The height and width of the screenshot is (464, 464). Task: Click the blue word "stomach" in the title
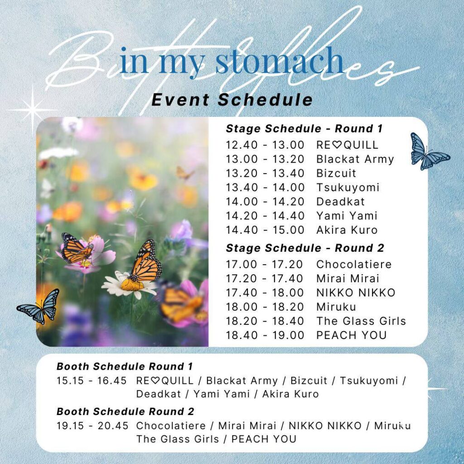point(279,62)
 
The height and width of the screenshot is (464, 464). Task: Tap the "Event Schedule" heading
point(232,99)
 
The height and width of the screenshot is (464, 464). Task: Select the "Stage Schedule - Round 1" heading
point(304,129)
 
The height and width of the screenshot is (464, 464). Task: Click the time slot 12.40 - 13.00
point(265,145)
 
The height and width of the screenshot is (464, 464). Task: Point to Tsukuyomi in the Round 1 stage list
point(348,188)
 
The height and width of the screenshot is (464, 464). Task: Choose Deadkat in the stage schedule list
point(340,202)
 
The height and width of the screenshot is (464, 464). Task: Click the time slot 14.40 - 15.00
point(265,230)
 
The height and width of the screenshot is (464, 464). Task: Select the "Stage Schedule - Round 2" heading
point(305,248)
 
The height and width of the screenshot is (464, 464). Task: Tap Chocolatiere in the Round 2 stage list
point(354,264)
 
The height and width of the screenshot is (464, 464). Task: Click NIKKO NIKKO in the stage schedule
point(356,293)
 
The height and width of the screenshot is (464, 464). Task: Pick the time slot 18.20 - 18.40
point(265,321)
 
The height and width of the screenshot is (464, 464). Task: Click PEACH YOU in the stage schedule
point(352,335)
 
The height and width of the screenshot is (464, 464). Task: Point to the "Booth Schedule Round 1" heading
point(125,366)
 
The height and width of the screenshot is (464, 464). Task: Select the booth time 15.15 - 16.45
point(92,381)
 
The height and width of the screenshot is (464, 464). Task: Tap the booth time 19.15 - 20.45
point(92,426)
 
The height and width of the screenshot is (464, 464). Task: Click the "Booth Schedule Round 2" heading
point(125,411)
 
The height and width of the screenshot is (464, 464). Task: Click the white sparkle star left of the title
point(33,110)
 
